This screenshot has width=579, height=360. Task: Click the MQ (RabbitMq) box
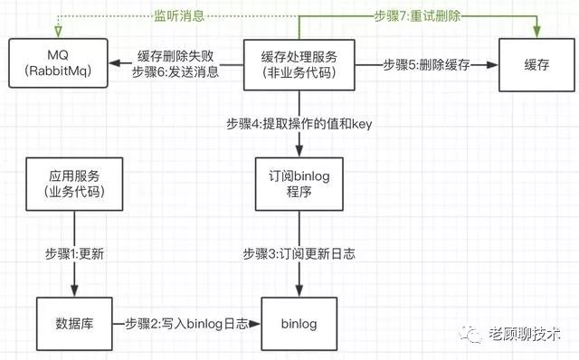(x=58, y=63)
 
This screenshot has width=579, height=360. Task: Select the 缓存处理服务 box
(x=299, y=65)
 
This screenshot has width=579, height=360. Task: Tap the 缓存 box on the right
(x=536, y=65)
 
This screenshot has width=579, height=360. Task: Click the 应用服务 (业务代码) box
(x=74, y=184)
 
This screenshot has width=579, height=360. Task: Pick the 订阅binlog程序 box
(x=299, y=184)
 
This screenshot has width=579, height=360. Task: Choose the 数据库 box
(x=74, y=324)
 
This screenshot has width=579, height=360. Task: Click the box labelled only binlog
(x=299, y=324)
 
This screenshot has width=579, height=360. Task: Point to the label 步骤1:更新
(x=74, y=254)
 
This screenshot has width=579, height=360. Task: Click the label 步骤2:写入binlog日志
(x=186, y=324)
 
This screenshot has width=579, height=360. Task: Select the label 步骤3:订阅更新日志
(x=299, y=254)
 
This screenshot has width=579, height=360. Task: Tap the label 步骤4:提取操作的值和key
(x=299, y=124)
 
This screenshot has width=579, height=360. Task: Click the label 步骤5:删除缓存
(x=426, y=65)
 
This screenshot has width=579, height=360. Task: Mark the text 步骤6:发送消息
(x=176, y=72)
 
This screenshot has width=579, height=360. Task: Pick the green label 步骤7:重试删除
(x=417, y=16)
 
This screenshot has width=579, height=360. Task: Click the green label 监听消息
(x=179, y=16)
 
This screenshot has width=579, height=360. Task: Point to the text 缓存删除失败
(x=176, y=56)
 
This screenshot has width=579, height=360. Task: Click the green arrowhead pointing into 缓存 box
(x=536, y=33)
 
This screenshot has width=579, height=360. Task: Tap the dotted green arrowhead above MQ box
(x=58, y=33)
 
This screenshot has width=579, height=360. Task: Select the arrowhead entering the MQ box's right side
(x=115, y=63)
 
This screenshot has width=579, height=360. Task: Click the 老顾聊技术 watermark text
(x=525, y=334)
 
